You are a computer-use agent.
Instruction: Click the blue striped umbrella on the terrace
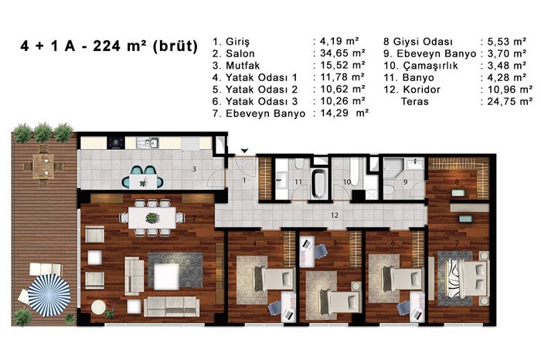pyautogui.click(x=49, y=295)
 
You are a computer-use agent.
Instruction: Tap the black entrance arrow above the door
pyautogui.click(x=244, y=151)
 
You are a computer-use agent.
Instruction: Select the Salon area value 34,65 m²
pyautogui.click(x=342, y=53)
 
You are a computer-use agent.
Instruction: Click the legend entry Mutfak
pyautogui.click(x=243, y=66)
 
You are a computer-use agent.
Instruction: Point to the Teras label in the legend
pyautogui.click(x=415, y=101)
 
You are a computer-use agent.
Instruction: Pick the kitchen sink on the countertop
pyautogui.click(x=148, y=143)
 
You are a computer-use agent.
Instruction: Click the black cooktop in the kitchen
pyautogui.click(x=116, y=143)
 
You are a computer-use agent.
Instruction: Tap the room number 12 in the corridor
pyautogui.click(x=335, y=216)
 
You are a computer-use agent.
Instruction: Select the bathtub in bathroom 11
pyautogui.click(x=319, y=184)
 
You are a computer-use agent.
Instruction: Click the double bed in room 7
pyautogui.click(x=468, y=278)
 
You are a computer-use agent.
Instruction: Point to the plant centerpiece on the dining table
pyautogui.click(x=152, y=218)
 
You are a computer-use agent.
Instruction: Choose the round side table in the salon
pyautogui.click(x=98, y=307)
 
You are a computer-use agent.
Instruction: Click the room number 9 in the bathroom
pyautogui.click(x=406, y=182)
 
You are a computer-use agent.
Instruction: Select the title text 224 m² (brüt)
pyautogui.click(x=145, y=46)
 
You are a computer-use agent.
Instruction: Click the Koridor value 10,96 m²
pyautogui.click(x=510, y=90)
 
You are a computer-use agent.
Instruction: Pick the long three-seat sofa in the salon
pyautogui.click(x=172, y=307)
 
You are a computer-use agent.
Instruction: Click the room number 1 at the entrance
pyautogui.click(x=244, y=180)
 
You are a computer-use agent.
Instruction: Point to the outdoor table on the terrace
pyautogui.click(x=43, y=166)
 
